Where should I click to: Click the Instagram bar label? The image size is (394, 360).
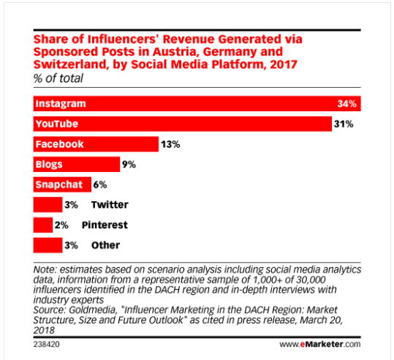60,104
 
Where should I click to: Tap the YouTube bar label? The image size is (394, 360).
57,124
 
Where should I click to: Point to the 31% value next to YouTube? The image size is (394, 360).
344,124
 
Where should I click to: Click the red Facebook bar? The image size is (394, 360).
96,144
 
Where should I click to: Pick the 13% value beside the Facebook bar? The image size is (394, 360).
171,145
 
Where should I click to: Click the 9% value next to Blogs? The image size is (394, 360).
129,165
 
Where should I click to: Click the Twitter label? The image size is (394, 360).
110,205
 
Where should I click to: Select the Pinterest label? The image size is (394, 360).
105,225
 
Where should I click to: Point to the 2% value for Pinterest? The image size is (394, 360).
63,225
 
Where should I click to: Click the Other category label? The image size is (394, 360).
105,245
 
